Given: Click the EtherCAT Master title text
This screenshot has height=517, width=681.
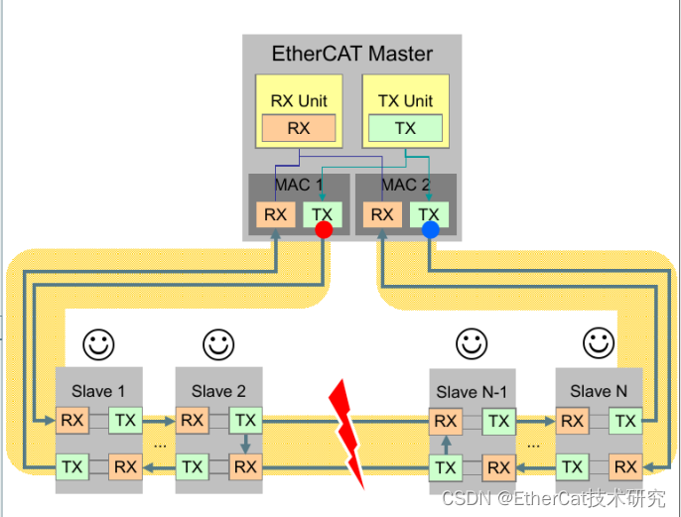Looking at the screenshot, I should (352, 54).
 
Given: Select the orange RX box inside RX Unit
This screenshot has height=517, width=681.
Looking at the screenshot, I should (299, 128).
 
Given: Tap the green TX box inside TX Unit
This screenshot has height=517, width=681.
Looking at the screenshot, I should (405, 128).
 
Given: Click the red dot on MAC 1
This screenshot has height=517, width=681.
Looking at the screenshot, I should (323, 230).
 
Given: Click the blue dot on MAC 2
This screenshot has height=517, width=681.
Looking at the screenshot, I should (430, 230).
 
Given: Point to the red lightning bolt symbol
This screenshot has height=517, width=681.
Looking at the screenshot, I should (346, 432).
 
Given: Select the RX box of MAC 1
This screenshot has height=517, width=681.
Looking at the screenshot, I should (275, 214).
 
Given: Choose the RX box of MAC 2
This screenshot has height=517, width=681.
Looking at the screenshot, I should (381, 214).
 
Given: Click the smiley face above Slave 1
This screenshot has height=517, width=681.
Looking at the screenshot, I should (98, 344).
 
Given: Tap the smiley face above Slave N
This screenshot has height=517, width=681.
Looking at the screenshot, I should (599, 343).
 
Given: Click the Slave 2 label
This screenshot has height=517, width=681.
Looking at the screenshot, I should (218, 391).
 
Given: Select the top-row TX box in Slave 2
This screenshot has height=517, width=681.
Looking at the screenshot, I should (245, 421).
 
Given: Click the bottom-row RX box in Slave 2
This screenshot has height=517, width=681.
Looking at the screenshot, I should (245, 466).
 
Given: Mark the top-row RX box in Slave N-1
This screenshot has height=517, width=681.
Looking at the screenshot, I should (446, 421).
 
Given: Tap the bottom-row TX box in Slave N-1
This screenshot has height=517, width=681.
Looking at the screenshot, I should (446, 467).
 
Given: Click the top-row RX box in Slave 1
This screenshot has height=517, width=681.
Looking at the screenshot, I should (71, 421).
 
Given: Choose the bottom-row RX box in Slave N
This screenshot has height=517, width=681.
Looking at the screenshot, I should (625, 466).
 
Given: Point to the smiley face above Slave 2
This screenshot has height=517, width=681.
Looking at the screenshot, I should (218, 344).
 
